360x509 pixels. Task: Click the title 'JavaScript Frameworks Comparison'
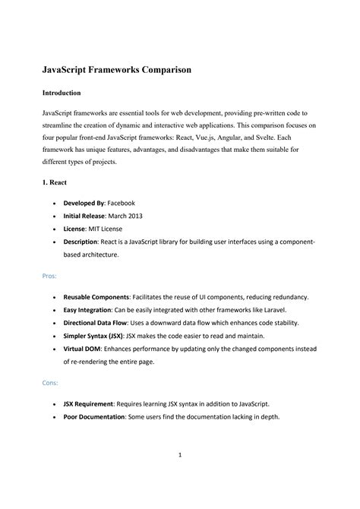(115, 69)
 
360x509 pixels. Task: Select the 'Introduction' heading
(62, 93)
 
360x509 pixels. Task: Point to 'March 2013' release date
(125, 215)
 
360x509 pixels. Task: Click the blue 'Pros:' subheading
(51, 276)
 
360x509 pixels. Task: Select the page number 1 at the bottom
(180, 476)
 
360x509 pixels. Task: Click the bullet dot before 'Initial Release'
(55, 216)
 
